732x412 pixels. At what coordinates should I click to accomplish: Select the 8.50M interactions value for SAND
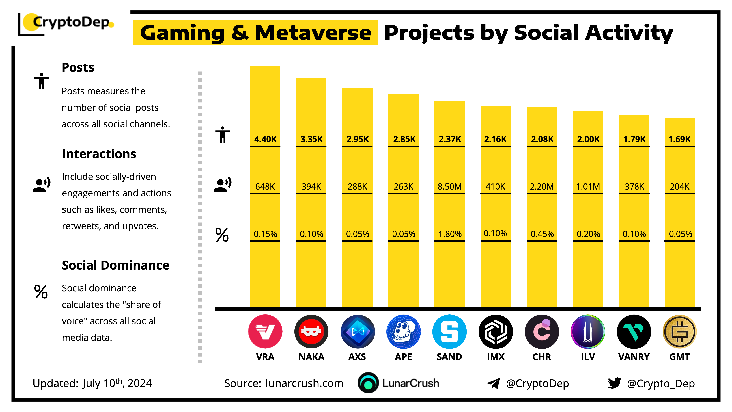tap(449, 187)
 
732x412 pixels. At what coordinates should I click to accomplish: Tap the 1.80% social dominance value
tap(450, 234)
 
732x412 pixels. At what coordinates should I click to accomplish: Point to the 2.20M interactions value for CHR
tap(542, 187)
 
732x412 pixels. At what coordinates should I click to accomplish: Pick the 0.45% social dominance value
tap(542, 234)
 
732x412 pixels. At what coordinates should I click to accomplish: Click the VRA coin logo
tap(265, 331)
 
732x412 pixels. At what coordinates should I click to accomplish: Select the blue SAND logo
tap(449, 331)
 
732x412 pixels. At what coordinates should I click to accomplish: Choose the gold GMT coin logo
tap(679, 331)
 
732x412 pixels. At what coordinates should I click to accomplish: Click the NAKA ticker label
tap(311, 357)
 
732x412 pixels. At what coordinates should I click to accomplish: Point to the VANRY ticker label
tap(634, 357)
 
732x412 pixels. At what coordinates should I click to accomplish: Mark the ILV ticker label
tap(588, 357)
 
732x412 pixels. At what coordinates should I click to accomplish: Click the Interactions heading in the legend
tap(99, 154)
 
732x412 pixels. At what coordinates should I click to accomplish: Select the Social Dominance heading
tap(115, 265)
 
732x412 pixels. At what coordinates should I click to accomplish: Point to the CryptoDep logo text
tap(71, 22)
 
